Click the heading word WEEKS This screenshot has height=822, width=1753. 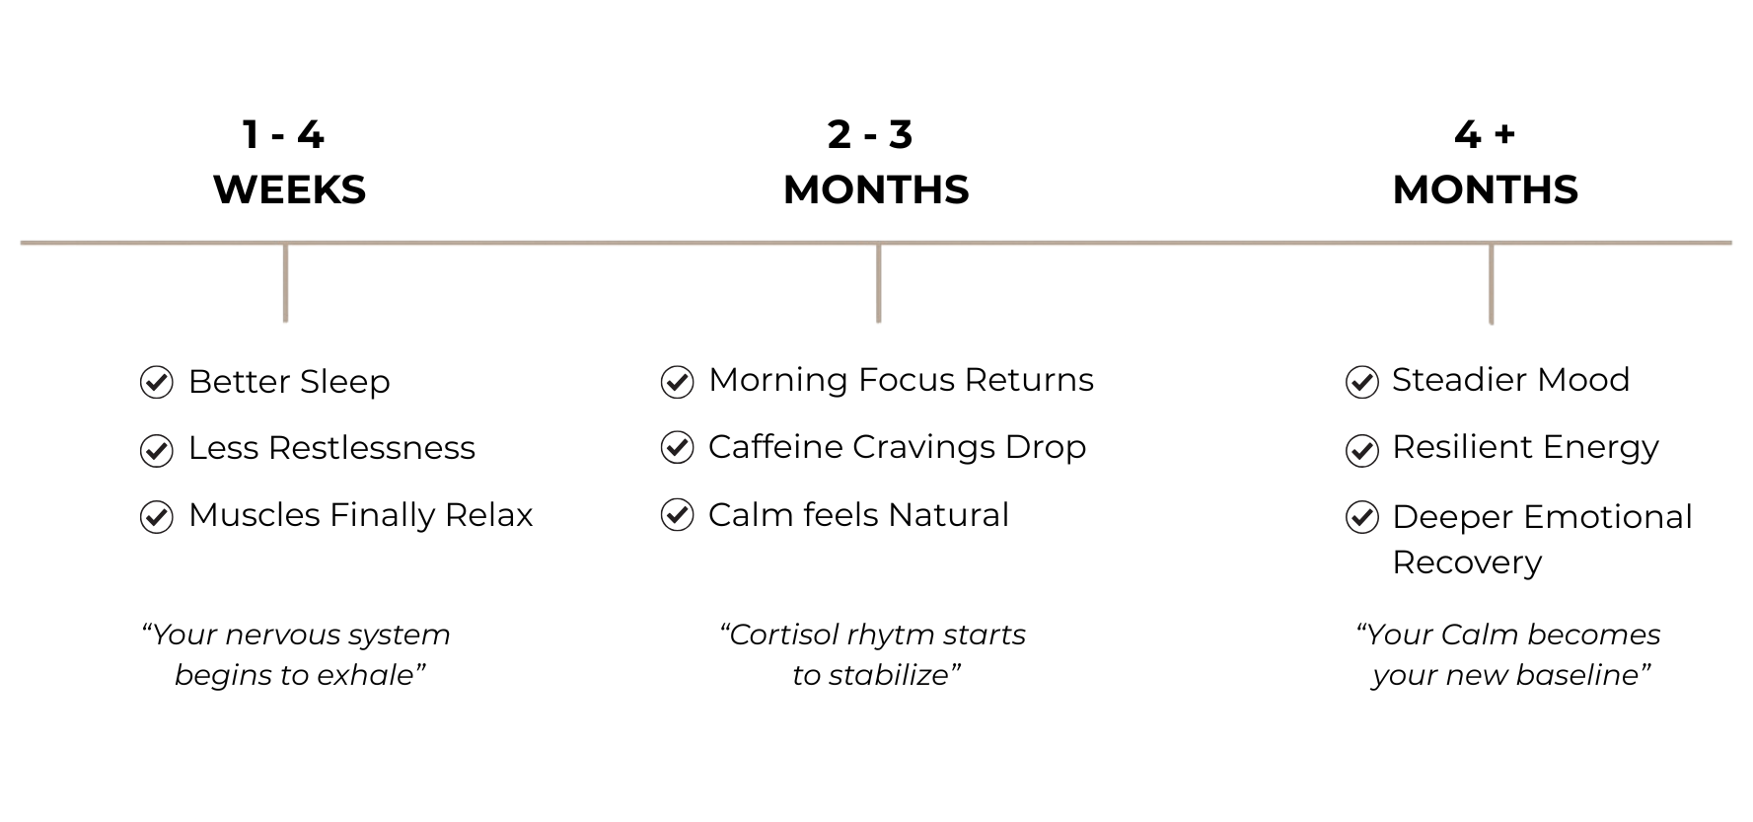(289, 189)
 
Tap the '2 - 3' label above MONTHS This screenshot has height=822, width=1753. (870, 134)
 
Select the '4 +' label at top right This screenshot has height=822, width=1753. (1485, 134)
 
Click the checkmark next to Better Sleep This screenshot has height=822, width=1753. (157, 382)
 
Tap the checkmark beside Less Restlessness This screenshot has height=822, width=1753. (157, 449)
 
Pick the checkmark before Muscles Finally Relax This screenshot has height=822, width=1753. (157, 516)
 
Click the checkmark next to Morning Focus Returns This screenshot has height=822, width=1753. (677, 381)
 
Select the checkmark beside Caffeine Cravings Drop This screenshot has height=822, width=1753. (677, 447)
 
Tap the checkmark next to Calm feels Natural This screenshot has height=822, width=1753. (677, 515)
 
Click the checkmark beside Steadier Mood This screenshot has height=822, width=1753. (1362, 381)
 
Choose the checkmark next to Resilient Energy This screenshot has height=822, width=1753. (1362, 449)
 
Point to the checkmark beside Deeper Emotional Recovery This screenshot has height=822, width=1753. (1362, 516)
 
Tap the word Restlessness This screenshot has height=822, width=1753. (372, 448)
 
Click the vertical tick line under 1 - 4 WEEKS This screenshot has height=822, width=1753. (285, 282)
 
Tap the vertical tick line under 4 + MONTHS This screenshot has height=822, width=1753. (1491, 283)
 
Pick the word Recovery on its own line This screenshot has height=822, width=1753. (1467, 562)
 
